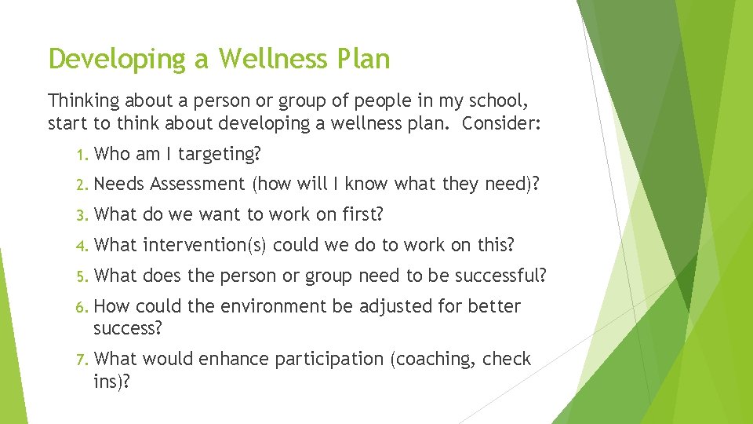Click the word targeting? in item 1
click(220, 155)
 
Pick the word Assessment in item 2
click(198, 185)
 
